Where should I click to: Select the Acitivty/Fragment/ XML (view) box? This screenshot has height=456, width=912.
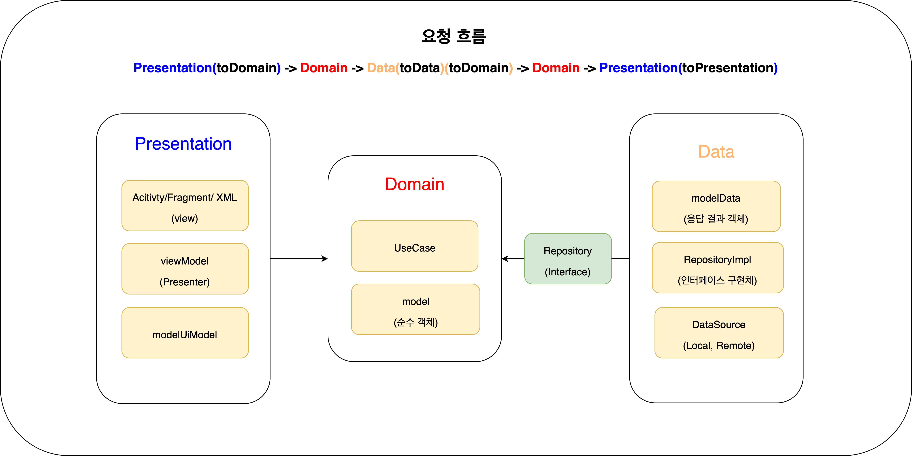tap(185, 206)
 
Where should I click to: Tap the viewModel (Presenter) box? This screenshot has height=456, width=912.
tap(185, 269)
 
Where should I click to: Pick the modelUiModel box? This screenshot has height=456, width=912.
tap(185, 333)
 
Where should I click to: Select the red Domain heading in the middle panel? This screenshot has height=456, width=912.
tap(415, 184)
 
